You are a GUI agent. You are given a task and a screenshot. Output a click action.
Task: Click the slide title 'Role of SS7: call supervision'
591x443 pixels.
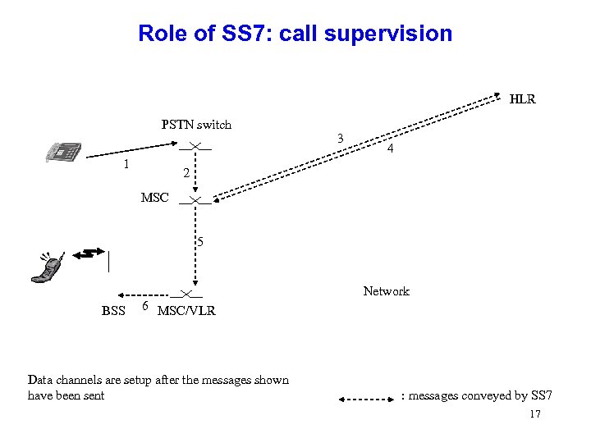coord(295,34)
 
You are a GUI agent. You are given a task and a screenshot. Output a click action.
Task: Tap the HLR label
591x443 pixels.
coord(522,99)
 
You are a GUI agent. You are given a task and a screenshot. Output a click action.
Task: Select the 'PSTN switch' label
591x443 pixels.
coord(196,125)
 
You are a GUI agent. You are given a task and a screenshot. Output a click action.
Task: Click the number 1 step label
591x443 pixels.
coord(125,164)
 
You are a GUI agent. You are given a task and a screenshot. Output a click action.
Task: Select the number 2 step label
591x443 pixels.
coord(186,173)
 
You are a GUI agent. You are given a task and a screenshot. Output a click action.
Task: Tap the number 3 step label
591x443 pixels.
coord(340,137)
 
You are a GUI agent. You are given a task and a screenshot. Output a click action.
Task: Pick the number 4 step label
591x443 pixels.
coord(391,149)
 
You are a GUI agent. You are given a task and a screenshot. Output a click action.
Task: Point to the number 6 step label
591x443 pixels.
coord(144,306)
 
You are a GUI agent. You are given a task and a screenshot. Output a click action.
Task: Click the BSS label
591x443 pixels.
coord(113,311)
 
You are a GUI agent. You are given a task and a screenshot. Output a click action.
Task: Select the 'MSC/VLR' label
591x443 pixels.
coord(186,311)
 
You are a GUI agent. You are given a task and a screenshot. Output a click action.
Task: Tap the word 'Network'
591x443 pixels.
coord(386,291)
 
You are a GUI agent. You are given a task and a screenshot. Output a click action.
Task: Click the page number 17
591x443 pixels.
coord(535,414)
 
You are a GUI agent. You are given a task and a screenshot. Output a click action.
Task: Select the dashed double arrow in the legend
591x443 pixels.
coord(367,400)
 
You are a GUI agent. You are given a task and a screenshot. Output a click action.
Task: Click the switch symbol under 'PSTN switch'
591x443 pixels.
coord(195,146)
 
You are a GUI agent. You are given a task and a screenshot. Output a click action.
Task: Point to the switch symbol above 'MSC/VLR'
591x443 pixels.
coord(188,294)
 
